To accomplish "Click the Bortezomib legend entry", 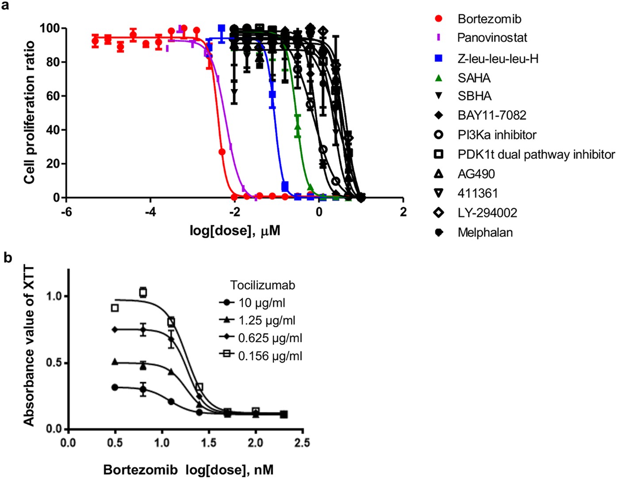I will tap(489, 19).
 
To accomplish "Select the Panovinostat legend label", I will tap(492, 38).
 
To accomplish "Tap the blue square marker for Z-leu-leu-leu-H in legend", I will tap(438, 58).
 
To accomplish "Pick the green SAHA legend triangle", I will tap(438, 78).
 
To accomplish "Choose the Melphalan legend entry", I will tap(485, 232).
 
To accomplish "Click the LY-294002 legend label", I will tap(487, 213).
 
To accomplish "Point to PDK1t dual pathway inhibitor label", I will tap(536, 154).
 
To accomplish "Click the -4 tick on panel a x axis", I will tap(150, 212).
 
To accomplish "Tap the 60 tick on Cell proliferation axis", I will tap(53, 96).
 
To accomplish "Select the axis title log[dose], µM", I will tap(235, 230).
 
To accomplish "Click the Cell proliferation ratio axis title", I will tap(29, 112).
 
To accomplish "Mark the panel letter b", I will tap(8, 258).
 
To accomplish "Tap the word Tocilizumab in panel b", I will tap(262, 285).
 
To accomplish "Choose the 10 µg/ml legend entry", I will tap(261, 303).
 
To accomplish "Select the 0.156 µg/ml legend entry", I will tap(270, 356).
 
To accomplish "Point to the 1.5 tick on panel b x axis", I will tap(208, 442).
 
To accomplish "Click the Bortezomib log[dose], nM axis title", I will tap(188, 469).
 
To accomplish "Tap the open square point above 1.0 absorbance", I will tap(143, 292).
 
